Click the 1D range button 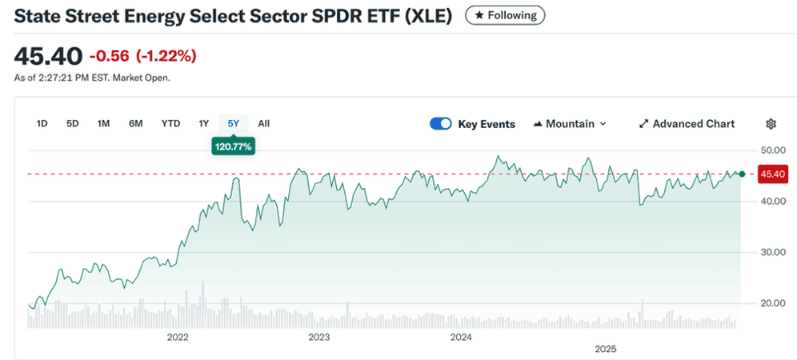pyautogui.click(x=42, y=123)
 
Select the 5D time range pyautogui.click(x=73, y=123)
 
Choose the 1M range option pyautogui.click(x=103, y=123)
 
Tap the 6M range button pyautogui.click(x=135, y=123)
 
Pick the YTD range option pyautogui.click(x=170, y=123)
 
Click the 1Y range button pyautogui.click(x=204, y=123)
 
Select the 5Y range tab pyautogui.click(x=233, y=123)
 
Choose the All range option pyautogui.click(x=264, y=123)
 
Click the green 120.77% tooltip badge pyautogui.click(x=233, y=146)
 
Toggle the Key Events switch pyautogui.click(x=441, y=124)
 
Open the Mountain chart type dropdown pyautogui.click(x=570, y=124)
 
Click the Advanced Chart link pyautogui.click(x=687, y=124)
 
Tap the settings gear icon pyautogui.click(x=771, y=124)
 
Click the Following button pyautogui.click(x=505, y=15)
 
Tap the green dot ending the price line pyautogui.click(x=743, y=174)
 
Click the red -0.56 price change pyautogui.click(x=109, y=56)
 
